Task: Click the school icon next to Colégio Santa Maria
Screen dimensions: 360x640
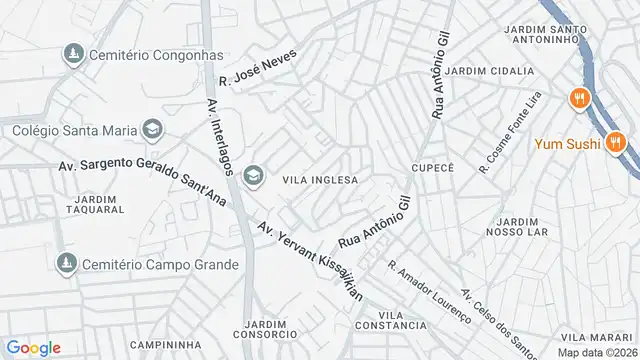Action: click(x=152, y=129)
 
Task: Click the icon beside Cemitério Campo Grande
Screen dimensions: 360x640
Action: click(x=67, y=264)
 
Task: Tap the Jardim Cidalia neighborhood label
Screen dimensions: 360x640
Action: click(x=484, y=71)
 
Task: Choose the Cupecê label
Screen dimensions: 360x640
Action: click(x=433, y=167)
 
